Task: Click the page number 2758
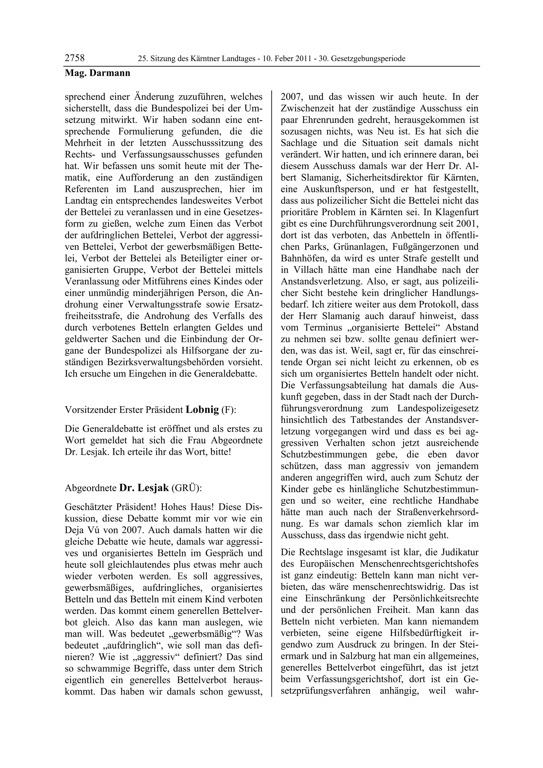coord(75,58)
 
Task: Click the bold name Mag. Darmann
coord(97,73)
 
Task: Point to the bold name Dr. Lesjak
coord(144,488)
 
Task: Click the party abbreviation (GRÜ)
coord(186,488)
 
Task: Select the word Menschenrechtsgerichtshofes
coord(419,564)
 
